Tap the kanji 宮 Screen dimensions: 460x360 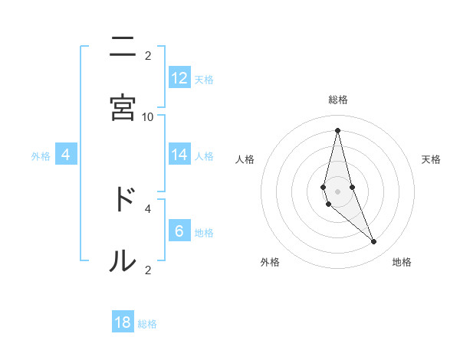(123, 107)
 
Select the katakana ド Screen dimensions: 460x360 (123, 199)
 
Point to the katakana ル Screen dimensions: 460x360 (123, 260)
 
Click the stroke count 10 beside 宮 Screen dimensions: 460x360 (148, 116)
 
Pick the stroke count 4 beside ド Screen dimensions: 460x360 (148, 208)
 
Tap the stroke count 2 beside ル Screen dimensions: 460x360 (148, 270)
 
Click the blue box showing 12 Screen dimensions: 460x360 (179, 78)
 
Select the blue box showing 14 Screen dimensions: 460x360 (179, 155)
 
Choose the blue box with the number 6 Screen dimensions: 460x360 (179, 231)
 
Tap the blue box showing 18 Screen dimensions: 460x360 (123, 322)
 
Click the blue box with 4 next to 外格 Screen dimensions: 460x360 (66, 155)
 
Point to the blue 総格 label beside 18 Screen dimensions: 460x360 (147, 324)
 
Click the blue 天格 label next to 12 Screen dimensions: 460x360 (204, 80)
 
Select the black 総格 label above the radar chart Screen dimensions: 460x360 (338, 100)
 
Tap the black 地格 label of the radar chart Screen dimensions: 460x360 (402, 262)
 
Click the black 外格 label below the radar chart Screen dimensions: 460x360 (270, 262)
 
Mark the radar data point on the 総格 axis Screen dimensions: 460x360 (337, 130)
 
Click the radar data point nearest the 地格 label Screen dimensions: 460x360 (374, 242)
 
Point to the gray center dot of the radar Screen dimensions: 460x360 (337, 191)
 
